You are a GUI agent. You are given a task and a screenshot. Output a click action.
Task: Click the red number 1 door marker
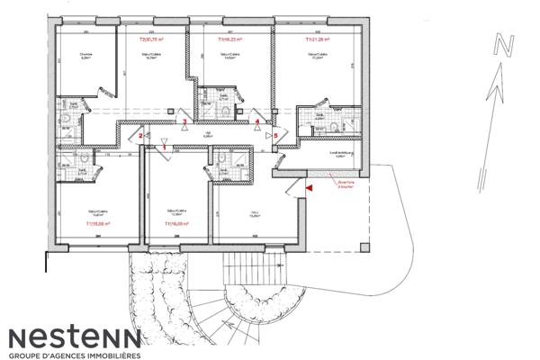coord(164,147)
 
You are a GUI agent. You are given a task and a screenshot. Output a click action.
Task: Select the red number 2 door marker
coord(140,135)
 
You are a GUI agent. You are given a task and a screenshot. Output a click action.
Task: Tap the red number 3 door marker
coord(185,121)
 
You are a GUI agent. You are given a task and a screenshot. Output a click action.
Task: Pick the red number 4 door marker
coord(257,121)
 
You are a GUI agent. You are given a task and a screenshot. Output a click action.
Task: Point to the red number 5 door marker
coord(275,135)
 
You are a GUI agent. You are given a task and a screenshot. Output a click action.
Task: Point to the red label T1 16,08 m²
coord(177,223)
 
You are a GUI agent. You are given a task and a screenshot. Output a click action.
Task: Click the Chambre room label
coord(85,55)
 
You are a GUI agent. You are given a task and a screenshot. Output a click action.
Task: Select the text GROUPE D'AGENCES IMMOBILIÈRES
coord(75,355)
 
